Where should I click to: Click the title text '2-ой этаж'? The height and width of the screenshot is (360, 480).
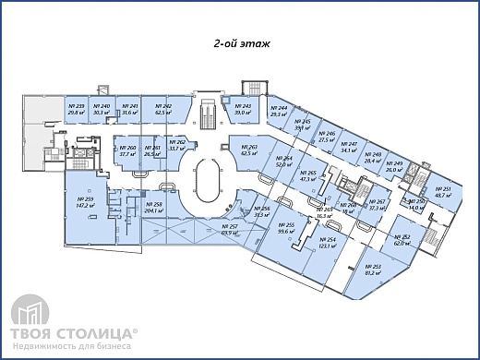[x=240, y=43]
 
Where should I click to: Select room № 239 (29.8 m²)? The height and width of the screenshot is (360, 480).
[x=77, y=111]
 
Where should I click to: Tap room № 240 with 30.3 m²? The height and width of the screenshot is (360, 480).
[x=102, y=111]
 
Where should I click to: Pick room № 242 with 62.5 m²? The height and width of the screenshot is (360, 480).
[x=164, y=111]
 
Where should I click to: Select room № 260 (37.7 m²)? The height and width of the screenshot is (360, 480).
[x=126, y=151]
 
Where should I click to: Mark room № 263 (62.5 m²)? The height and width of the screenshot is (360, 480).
[x=247, y=151]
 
